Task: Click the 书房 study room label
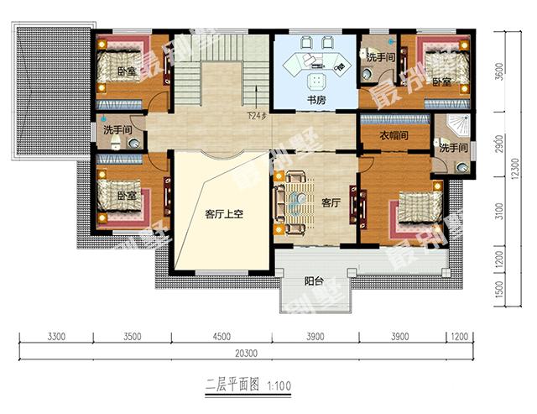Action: click(315, 100)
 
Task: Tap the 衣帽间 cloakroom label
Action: click(392, 135)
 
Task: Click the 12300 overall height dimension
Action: click(511, 167)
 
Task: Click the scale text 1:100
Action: click(280, 386)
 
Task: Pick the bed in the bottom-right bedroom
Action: click(414, 210)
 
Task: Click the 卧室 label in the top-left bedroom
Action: click(127, 71)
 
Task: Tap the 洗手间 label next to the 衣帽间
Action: click(452, 149)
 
